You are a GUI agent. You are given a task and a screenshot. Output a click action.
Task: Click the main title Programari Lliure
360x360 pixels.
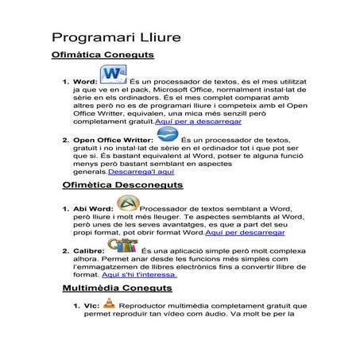tap(116, 38)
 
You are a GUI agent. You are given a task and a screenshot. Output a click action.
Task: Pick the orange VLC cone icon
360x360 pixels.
tap(110, 302)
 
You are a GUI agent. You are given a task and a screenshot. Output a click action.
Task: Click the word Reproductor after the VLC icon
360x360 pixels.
tap(149, 305)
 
